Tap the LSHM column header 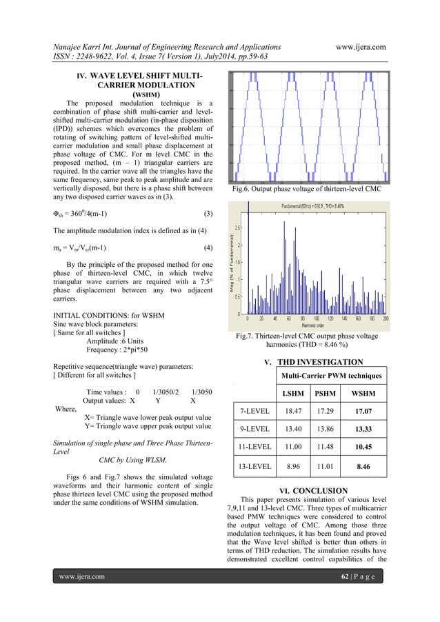click(x=290, y=394)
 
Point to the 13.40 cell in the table click(x=290, y=430)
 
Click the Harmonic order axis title click(x=317, y=325)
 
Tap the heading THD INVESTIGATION click(x=319, y=362)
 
